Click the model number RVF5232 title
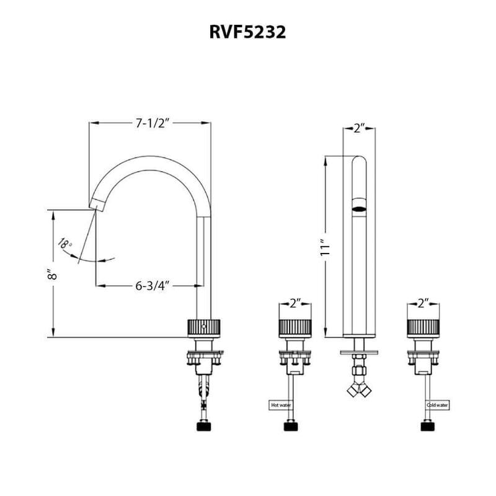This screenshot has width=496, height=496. click(x=247, y=33)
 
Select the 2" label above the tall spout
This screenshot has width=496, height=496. click(x=358, y=129)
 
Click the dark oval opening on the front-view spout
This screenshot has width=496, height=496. click(x=358, y=209)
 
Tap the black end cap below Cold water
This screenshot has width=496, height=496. click(x=428, y=426)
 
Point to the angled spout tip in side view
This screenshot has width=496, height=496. click(x=97, y=203)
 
